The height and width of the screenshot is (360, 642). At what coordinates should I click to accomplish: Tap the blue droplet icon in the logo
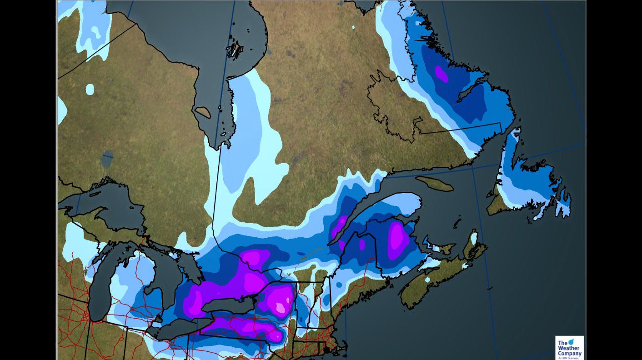click(572, 341)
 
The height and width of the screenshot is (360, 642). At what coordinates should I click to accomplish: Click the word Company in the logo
click(569, 354)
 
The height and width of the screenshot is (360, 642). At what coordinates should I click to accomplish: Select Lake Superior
click(105, 205)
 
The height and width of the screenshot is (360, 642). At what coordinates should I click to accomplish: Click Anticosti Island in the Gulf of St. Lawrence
click(434, 184)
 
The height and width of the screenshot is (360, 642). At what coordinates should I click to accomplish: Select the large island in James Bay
click(203, 112)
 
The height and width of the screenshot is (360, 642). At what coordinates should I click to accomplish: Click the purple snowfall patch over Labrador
click(441, 74)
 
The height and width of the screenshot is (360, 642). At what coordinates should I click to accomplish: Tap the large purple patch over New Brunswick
click(397, 236)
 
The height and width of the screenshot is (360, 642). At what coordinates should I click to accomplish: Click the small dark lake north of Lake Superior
click(108, 156)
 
